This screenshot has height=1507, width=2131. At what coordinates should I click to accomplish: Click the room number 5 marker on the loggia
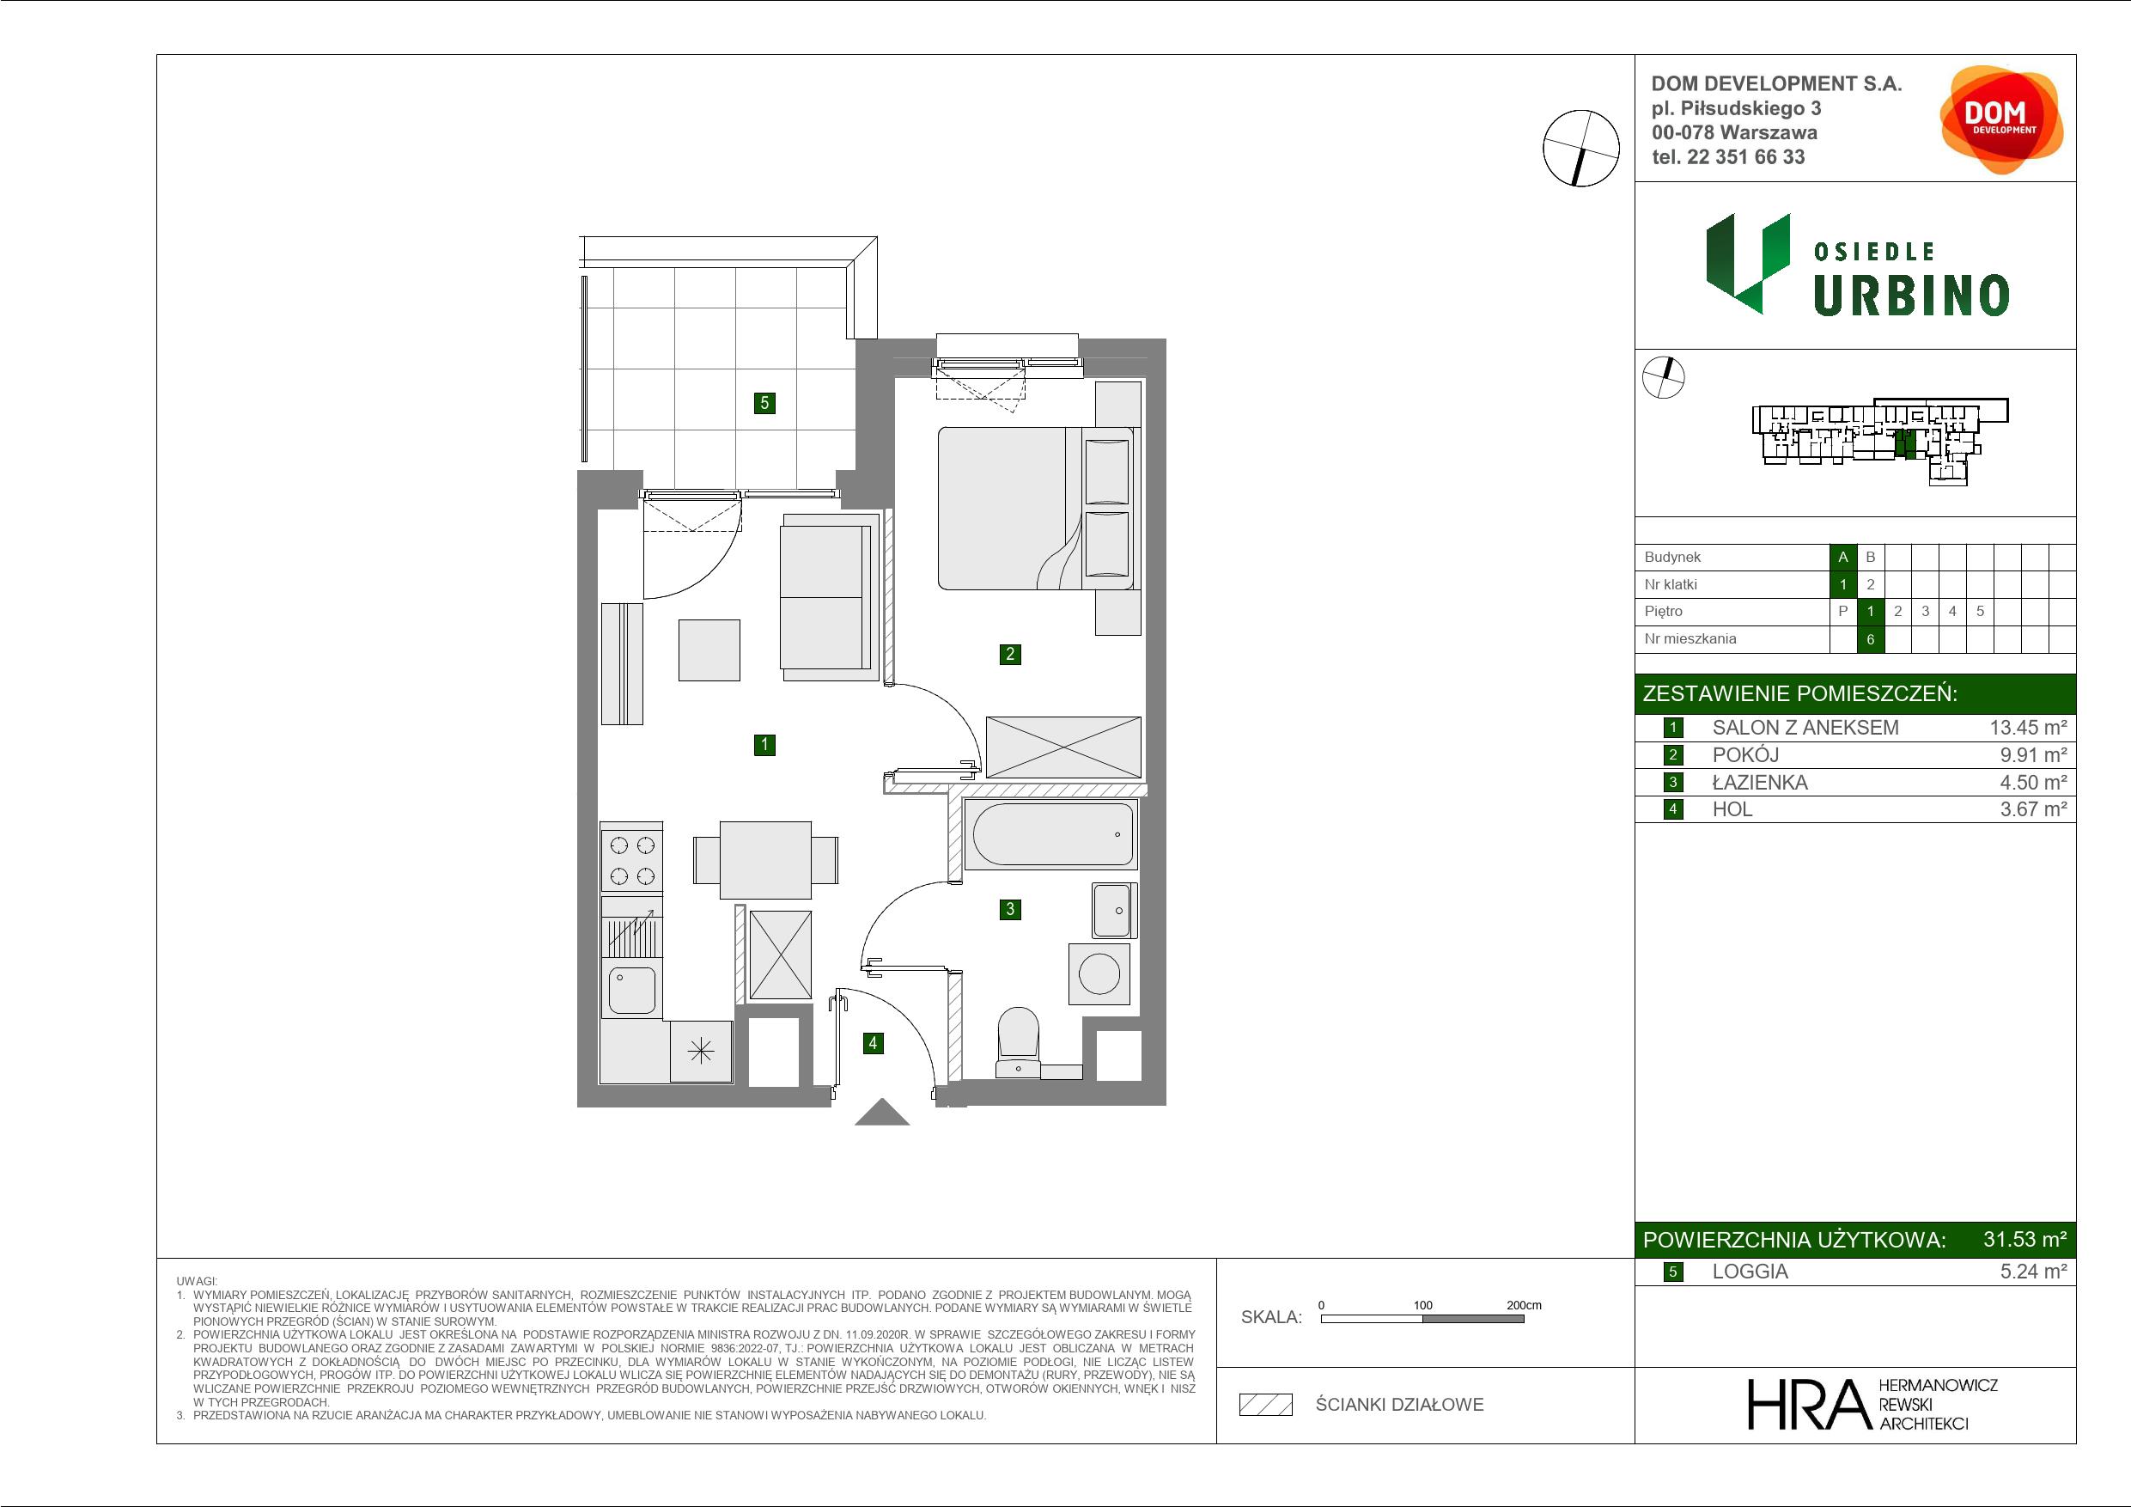764,403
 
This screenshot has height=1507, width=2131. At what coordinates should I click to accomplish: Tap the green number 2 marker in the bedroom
1010,654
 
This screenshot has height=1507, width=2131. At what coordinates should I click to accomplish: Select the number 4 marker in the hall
873,1043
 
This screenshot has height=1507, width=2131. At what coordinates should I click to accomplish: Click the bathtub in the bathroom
1050,833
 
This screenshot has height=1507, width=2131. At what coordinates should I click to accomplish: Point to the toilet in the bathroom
1018,1043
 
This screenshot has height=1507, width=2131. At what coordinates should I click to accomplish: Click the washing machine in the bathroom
1099,974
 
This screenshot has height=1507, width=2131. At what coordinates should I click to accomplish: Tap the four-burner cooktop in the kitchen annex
631,859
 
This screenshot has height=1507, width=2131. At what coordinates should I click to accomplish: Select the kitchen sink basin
632,990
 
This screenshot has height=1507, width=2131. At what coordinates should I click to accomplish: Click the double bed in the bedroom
1035,508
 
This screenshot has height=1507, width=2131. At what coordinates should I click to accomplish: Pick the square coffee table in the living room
709,650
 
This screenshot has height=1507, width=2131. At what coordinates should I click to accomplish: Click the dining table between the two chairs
765,860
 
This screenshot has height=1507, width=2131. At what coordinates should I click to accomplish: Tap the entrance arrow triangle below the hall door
882,1113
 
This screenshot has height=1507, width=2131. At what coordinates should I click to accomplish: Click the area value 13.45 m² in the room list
2028,728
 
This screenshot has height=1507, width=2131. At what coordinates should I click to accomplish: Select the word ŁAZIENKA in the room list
1760,783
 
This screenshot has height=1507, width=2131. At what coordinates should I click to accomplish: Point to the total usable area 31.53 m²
2024,1239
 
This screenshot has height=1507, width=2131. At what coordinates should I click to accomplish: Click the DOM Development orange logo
2001,119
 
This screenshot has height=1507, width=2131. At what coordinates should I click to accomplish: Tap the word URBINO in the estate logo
1911,296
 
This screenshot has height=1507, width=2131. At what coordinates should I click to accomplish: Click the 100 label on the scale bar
1423,1304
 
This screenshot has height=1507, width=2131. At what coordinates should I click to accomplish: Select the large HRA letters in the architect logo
1810,1404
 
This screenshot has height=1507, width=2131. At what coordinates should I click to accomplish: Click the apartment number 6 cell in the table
1870,639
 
